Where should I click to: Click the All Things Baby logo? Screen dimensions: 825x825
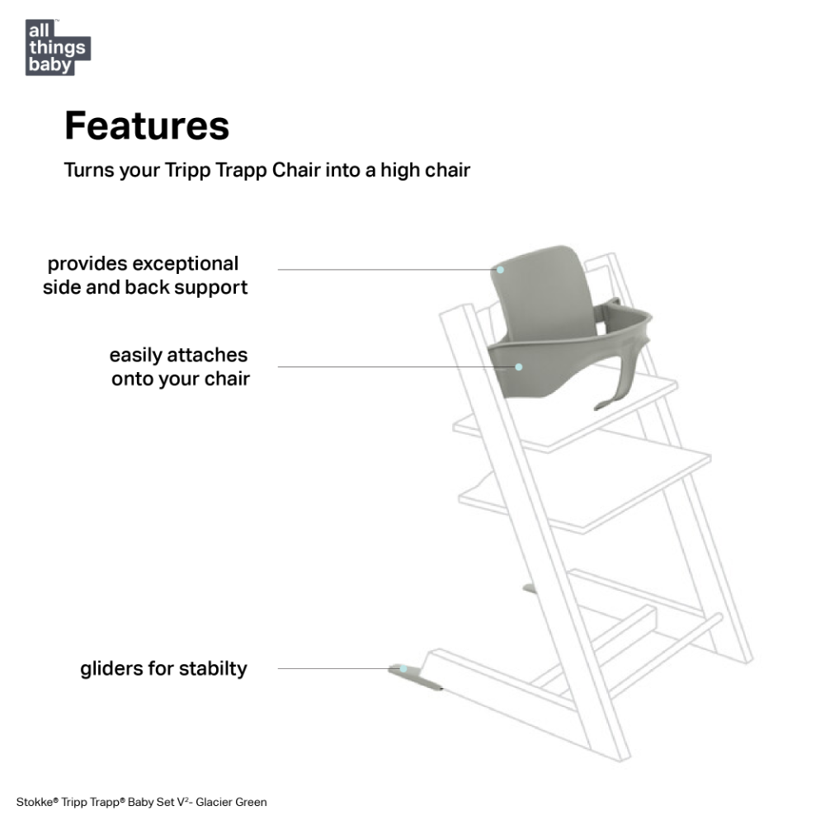tap(58, 47)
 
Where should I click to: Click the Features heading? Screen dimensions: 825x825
tap(147, 125)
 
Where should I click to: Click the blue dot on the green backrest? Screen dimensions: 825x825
tap(501, 270)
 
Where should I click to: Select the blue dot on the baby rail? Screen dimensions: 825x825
tap(519, 367)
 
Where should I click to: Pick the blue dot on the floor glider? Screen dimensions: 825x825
tap(403, 669)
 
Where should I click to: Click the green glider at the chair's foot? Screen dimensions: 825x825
tap(416, 677)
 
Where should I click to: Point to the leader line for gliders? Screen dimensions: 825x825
tap(339, 669)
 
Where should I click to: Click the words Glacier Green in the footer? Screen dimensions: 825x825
tap(231, 803)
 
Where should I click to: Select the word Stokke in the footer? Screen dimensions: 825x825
tap(35, 803)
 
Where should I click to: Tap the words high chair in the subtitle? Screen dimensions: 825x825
tap(425, 171)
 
